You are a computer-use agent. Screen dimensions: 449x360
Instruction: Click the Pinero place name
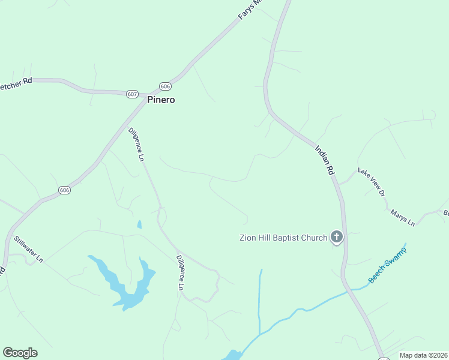pos(161,100)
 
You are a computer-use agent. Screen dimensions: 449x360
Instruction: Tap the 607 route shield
pos(133,94)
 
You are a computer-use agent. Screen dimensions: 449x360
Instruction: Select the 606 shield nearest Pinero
pos(166,86)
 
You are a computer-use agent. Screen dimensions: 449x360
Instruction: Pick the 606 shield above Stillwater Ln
pos(65,190)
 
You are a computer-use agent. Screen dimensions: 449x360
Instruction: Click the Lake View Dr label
pos(371,181)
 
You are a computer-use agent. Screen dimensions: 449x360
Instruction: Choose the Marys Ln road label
pos(402,217)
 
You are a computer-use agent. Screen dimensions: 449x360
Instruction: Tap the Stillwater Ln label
pos(29,248)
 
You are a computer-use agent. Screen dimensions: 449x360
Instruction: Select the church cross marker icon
pos(337,238)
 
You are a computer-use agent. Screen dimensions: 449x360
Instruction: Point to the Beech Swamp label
pos(387,265)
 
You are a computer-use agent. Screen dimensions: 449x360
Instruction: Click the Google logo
pos(20,353)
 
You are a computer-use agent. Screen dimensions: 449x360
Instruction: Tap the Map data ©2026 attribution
pos(424,355)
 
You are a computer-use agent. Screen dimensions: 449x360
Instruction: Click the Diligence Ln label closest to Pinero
pos(136,145)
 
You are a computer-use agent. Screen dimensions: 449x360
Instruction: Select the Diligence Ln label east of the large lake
pos(179,272)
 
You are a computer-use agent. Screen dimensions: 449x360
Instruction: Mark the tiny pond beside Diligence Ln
pos(139,224)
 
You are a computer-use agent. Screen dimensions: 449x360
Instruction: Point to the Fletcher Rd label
pos(16,82)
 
